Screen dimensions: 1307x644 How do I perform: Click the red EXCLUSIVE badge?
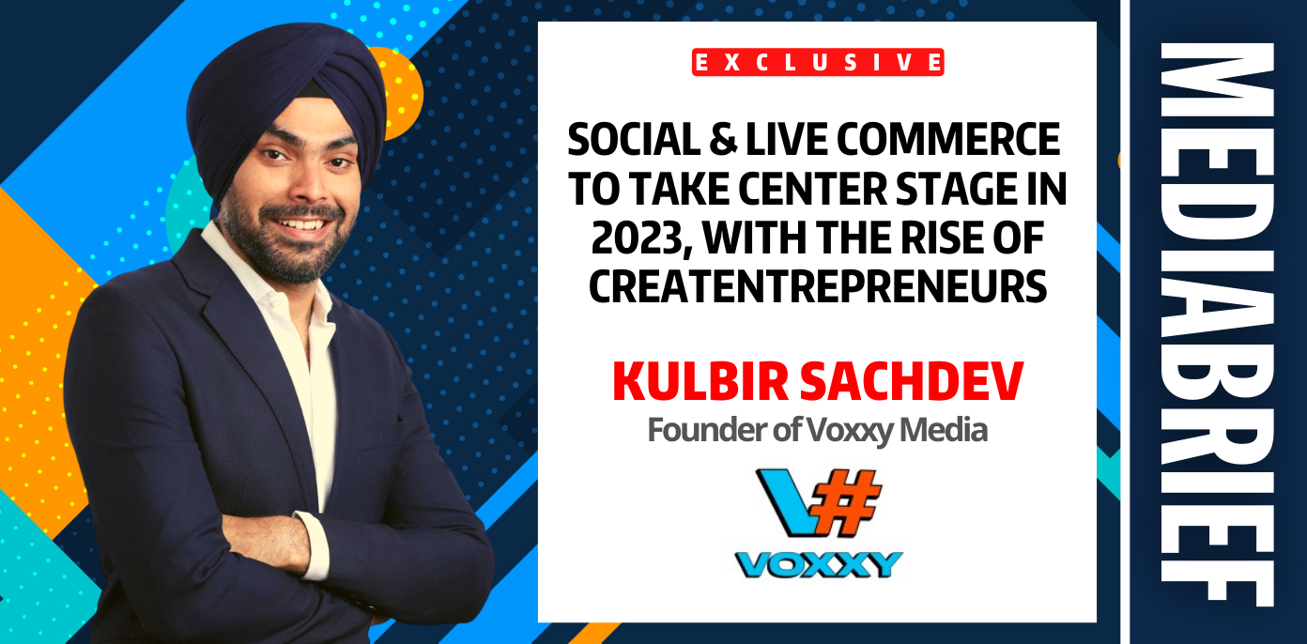818,62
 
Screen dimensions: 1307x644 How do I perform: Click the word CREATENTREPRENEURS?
818,286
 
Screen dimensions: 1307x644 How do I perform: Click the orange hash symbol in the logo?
845,501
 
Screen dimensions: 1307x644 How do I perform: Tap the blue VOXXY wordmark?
819,564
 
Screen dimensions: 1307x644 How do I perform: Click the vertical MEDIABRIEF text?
1217,324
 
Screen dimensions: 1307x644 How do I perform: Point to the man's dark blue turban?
285,100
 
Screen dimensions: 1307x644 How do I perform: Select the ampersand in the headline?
724,140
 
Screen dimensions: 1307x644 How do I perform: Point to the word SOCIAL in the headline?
634,140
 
